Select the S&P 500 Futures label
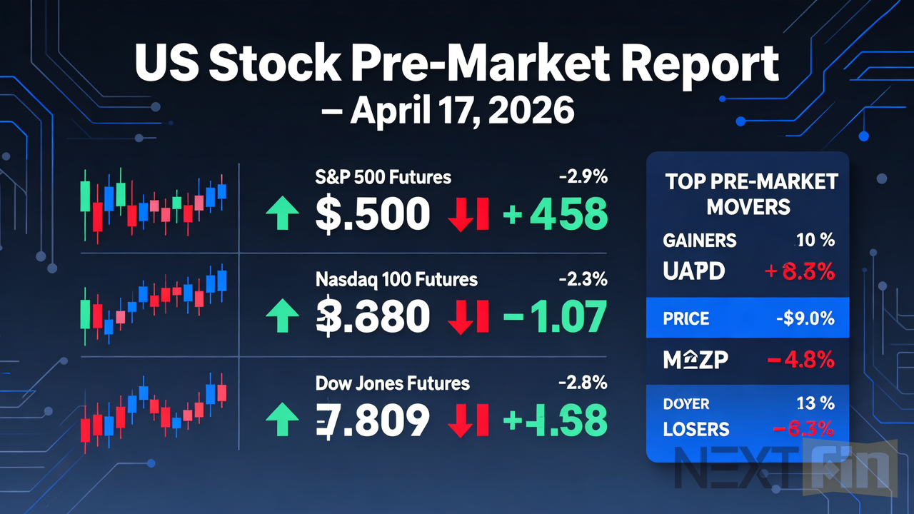click(x=383, y=176)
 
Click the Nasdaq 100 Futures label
click(x=396, y=279)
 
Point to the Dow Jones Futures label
click(x=392, y=383)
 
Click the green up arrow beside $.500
click(x=282, y=214)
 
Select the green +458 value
click(x=556, y=214)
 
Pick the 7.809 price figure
click(x=372, y=420)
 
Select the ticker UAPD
click(x=693, y=271)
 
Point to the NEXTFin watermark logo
click(x=785, y=468)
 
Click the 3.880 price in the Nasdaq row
click(x=372, y=318)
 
